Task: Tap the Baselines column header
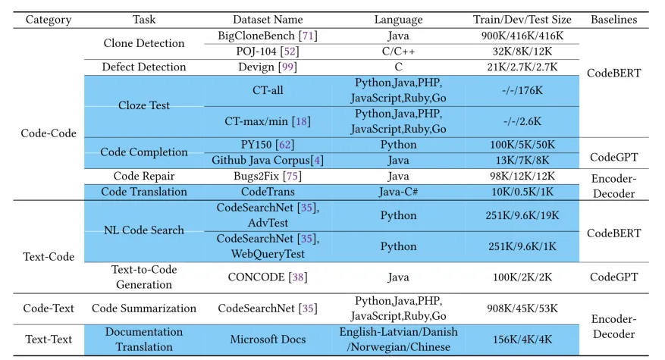coord(613,20)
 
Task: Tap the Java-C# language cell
coord(398,192)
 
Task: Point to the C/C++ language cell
coord(398,51)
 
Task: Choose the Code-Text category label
coord(49,308)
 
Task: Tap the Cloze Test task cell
coord(144,105)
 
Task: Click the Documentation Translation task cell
coord(144,340)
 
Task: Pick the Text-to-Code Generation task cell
coord(144,277)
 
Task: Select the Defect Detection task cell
coord(144,67)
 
